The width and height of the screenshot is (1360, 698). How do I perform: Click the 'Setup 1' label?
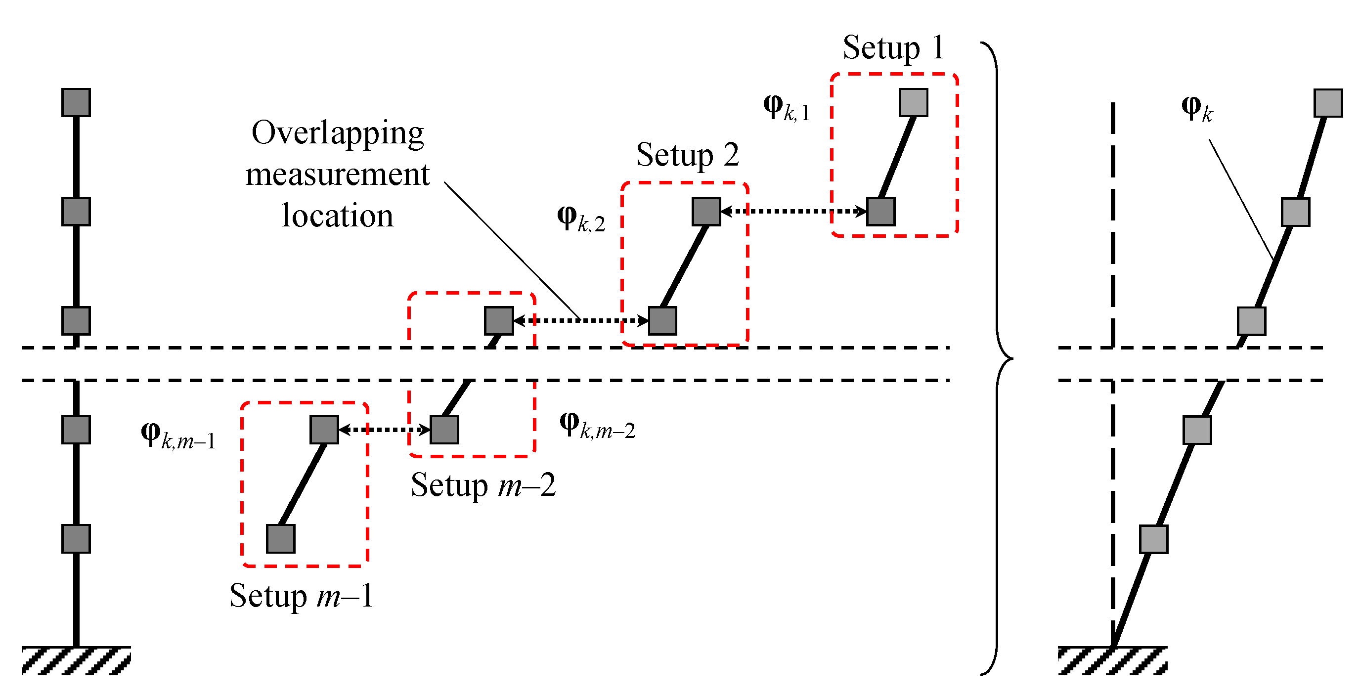point(893,47)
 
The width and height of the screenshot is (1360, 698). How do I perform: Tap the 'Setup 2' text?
point(687,155)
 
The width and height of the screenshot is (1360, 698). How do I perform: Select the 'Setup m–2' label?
point(483,485)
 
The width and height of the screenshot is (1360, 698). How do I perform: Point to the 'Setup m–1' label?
point(302,596)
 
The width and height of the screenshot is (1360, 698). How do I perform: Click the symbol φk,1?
point(786,108)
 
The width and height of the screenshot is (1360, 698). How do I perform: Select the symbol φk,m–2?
point(597,426)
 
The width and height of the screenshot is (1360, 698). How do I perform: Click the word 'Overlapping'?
point(337,132)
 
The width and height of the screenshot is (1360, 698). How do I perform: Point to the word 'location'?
point(337,216)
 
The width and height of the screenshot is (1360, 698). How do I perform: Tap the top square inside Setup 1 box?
point(914,102)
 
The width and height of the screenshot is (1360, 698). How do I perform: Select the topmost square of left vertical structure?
point(76,102)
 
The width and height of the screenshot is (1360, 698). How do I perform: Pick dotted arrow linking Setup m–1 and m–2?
point(384,429)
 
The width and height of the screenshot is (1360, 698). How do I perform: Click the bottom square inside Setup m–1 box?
point(280,538)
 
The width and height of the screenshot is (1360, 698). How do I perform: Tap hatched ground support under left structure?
point(76,660)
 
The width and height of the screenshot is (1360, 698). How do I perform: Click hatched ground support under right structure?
point(1112,660)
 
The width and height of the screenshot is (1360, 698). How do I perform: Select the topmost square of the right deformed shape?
point(1328,103)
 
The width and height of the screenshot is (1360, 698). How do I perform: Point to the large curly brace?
point(997,358)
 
